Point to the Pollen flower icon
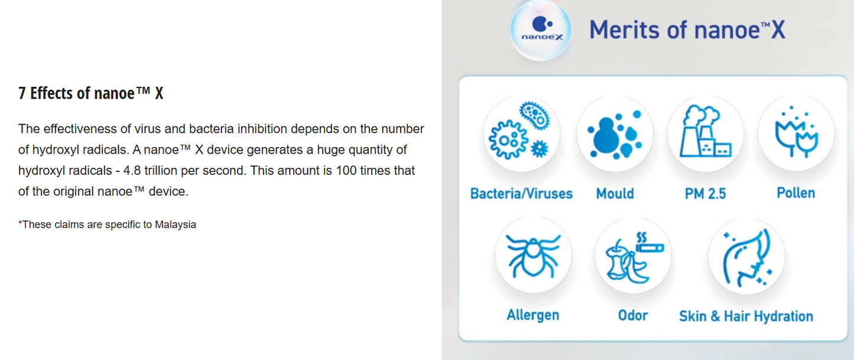(796, 133)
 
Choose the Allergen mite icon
(533, 255)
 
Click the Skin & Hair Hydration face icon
(746, 257)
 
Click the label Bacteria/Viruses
(521, 194)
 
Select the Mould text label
(615, 194)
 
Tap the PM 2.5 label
(705, 194)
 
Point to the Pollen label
(796, 193)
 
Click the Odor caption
(633, 316)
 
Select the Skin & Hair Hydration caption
(746, 316)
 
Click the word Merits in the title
(624, 30)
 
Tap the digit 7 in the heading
(22, 93)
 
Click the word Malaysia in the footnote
(176, 225)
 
